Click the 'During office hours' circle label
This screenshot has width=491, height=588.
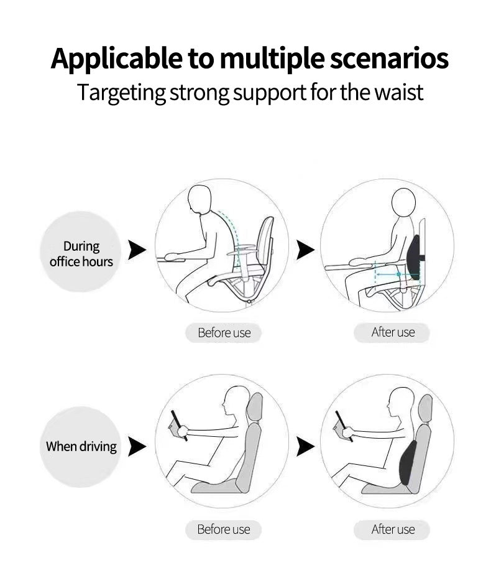tap(81, 254)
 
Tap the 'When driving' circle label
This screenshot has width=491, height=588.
tap(81, 446)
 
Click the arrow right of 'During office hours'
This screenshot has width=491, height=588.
tap(137, 250)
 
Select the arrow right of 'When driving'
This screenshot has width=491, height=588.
tap(137, 446)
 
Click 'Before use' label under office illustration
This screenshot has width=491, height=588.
tap(224, 333)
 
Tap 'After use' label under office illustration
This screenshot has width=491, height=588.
tap(392, 332)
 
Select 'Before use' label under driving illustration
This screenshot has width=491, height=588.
tap(224, 530)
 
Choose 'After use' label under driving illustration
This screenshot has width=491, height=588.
tap(392, 530)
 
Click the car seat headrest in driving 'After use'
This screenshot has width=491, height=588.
tap(425, 408)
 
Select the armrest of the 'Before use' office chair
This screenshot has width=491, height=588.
tap(246, 248)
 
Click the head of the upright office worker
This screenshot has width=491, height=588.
tap(403, 203)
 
